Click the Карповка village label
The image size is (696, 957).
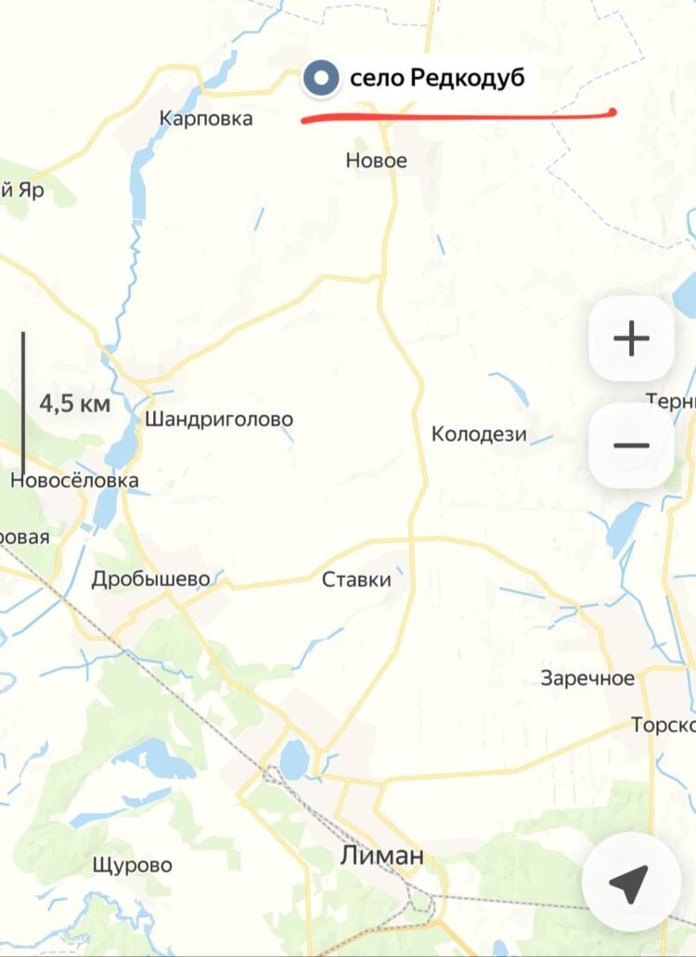205,119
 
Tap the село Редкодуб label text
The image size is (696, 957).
437,78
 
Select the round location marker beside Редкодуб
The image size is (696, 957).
322,78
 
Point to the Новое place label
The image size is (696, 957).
376,161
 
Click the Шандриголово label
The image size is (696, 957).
218,420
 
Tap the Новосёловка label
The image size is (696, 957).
74,480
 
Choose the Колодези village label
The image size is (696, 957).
479,433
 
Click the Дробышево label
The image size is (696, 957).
150,579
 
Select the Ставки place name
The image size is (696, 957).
356,580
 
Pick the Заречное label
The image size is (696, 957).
587,679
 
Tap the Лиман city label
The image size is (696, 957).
381,855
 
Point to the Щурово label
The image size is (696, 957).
132,865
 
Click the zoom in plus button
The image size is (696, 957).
631,339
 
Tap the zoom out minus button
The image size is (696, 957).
631,446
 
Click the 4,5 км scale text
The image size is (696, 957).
74,404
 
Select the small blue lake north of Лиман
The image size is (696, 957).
294,760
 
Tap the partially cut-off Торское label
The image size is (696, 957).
663,724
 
